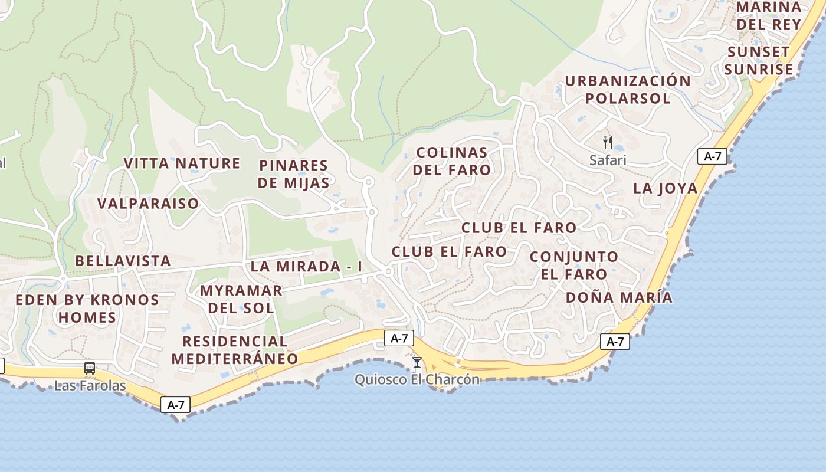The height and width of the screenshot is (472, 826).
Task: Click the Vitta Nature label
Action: [x=182, y=163]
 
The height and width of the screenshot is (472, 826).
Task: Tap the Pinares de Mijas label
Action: [x=293, y=174]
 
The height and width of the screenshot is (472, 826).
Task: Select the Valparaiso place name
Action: [x=148, y=204]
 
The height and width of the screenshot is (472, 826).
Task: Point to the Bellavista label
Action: [x=123, y=261]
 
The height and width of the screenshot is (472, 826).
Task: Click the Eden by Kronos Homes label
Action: [x=87, y=309]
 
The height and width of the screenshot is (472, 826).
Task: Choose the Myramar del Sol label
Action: [x=241, y=299]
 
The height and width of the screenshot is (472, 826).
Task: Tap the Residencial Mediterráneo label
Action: [x=235, y=350]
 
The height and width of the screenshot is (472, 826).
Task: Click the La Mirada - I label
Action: [x=306, y=266]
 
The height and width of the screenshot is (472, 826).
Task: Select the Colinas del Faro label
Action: [x=452, y=161]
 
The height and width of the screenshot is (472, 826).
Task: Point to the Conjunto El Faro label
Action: [x=574, y=265]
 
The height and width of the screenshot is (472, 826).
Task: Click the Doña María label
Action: [x=619, y=297]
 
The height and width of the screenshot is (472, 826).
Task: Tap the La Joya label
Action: [x=665, y=188]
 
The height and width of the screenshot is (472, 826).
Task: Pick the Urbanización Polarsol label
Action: [x=628, y=90]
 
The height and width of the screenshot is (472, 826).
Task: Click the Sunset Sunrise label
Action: [x=758, y=61]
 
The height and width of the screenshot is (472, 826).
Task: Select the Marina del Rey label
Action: [x=769, y=15]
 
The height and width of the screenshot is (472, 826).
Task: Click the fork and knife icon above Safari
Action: [x=608, y=142]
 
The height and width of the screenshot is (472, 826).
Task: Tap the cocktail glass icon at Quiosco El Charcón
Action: [x=417, y=362]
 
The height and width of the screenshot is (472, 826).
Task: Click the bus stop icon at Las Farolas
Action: [x=90, y=368]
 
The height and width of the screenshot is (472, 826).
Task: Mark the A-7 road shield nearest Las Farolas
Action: [x=176, y=405]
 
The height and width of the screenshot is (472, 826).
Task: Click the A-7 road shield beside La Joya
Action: [x=712, y=156]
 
